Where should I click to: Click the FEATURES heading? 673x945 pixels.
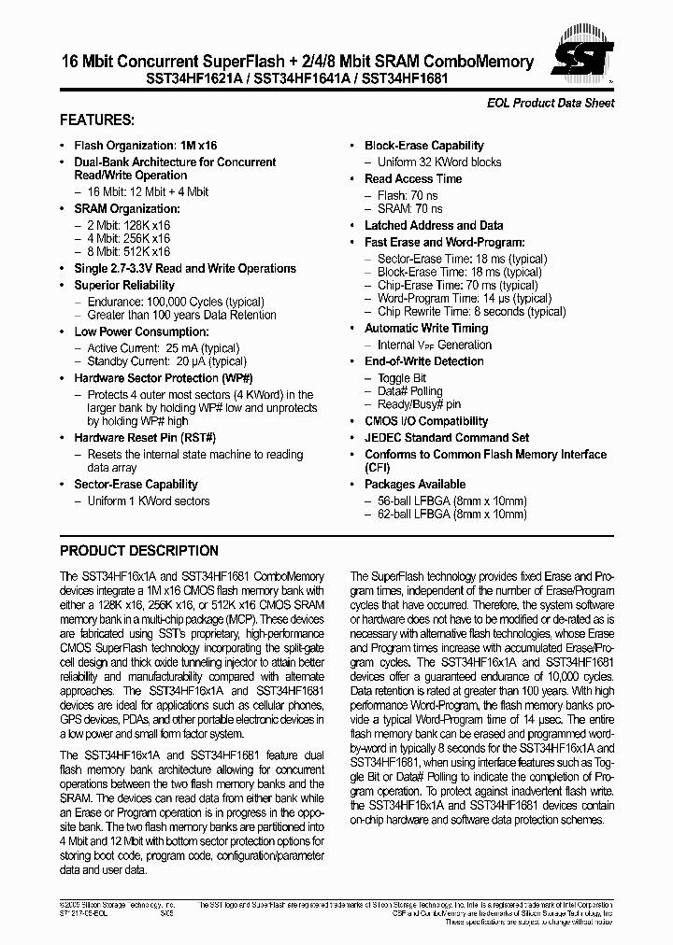(x=97, y=120)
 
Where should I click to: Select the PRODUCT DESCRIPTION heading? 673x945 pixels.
(x=139, y=551)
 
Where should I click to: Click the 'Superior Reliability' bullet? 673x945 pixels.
(x=124, y=285)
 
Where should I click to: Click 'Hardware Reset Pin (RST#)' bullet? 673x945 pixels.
(x=145, y=438)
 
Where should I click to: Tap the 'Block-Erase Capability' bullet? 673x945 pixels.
(x=423, y=146)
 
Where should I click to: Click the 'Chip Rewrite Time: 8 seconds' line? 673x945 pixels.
(x=471, y=312)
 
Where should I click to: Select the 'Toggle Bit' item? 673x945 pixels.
(x=402, y=378)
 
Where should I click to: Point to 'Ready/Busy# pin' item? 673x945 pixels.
(x=419, y=404)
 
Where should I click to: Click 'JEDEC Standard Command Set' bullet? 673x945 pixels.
(x=447, y=437)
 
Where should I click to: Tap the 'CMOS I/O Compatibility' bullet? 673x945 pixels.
(x=426, y=421)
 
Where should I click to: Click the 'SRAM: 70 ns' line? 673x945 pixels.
(x=410, y=209)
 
